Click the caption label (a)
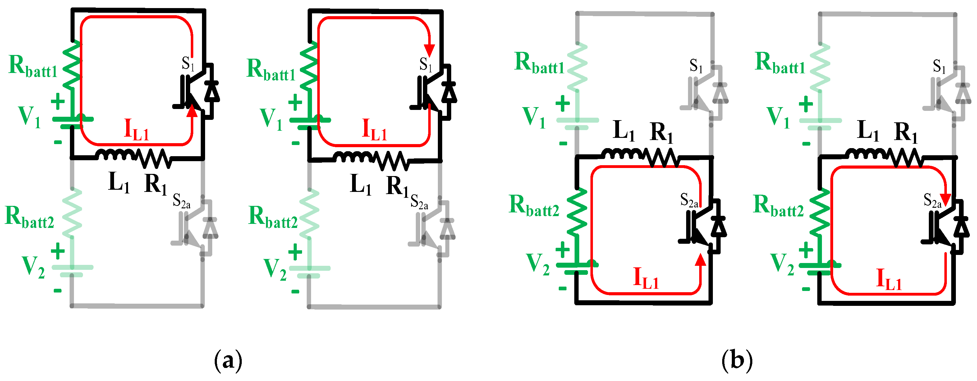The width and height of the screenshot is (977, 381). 228,361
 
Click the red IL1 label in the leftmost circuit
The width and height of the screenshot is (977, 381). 136,130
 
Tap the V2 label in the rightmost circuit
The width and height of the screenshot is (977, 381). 782,264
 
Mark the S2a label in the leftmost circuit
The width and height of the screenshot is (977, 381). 181,201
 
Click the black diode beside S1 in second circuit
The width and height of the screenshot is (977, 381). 449,92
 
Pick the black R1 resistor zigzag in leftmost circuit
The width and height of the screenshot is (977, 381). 155,158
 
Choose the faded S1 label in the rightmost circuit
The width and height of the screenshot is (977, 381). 939,67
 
